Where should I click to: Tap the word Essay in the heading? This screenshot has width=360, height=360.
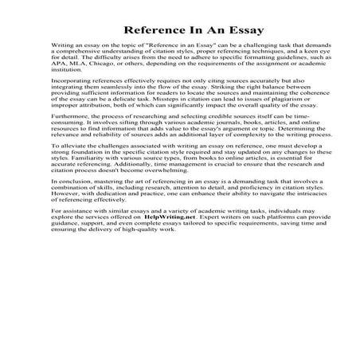pos(231,33)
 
